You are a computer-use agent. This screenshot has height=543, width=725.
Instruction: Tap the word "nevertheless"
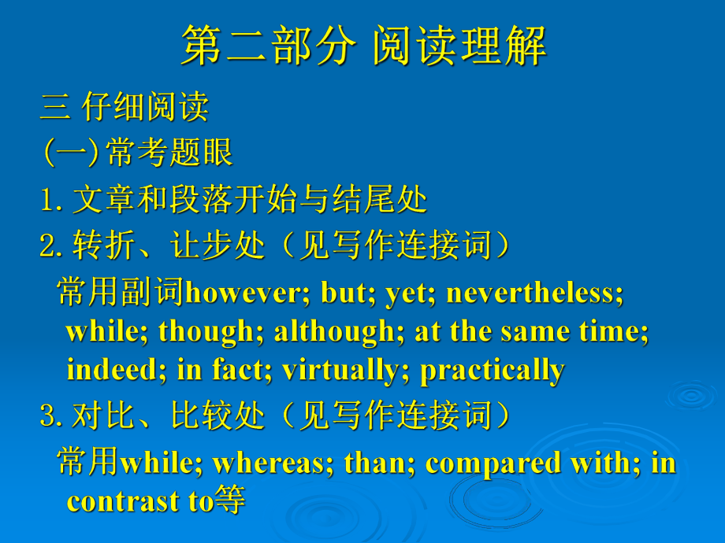533,294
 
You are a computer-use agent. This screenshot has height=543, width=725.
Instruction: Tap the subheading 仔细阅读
145,107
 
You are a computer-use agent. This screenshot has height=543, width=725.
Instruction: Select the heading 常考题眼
169,152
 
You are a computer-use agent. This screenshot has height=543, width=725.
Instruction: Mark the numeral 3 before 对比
47,416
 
